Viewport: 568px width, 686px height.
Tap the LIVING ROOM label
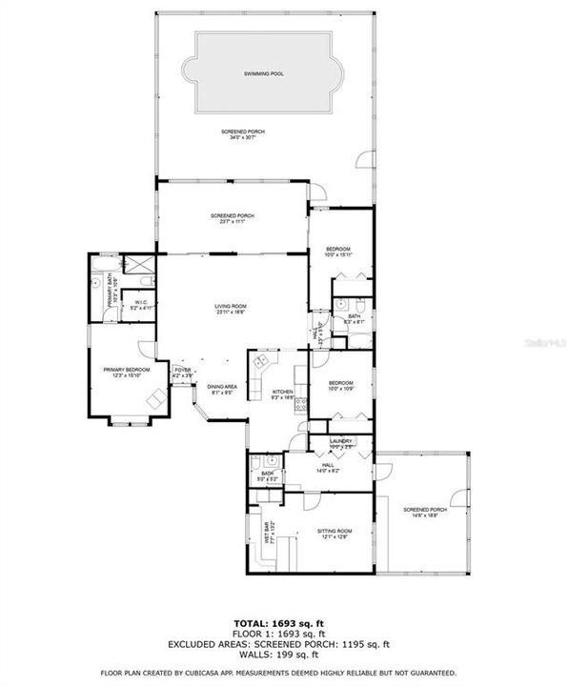pos(231,306)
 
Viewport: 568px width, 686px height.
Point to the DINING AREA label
pos(222,385)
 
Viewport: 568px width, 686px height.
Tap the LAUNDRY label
pos(341,441)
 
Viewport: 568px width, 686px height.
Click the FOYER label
pos(182,370)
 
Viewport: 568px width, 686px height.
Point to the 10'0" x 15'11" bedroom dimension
pos(338,255)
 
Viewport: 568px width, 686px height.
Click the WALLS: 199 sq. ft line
pos(283,654)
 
